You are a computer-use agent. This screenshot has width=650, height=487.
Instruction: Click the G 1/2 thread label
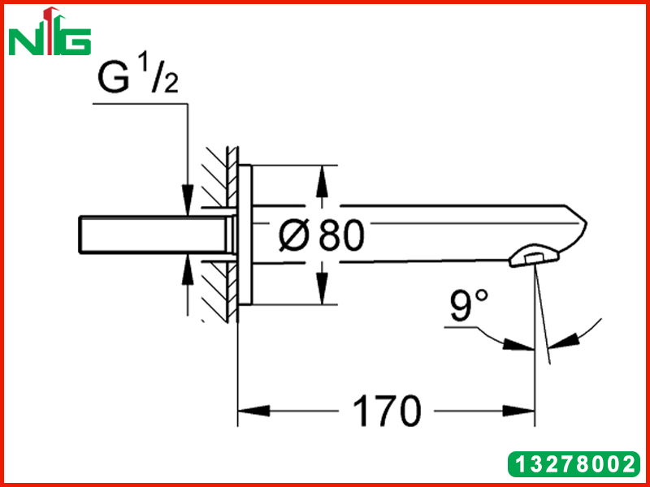coord(138,75)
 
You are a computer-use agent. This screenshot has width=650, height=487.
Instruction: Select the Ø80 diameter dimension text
coord(322,235)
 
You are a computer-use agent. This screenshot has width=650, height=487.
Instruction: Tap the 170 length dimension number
coord(387,412)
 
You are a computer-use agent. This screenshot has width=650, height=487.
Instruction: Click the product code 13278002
coord(574,464)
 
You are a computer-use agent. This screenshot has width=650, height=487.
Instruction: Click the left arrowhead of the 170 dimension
coord(253,412)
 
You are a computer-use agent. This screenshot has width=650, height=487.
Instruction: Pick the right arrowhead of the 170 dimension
coord(518,412)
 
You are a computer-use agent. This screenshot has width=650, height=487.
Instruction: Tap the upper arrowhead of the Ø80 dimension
coord(322,181)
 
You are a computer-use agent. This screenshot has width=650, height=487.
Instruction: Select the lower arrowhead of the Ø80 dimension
coord(322,289)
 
